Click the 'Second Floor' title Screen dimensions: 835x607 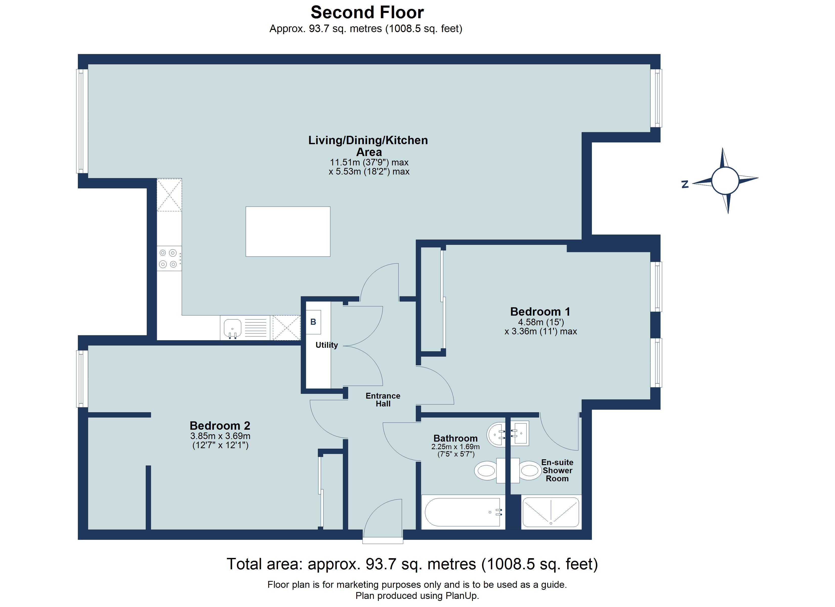[x=367, y=12]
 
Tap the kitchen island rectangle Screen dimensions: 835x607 [x=288, y=231]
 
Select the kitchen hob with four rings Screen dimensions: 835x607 [x=169, y=258]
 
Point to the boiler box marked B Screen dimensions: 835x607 [x=313, y=322]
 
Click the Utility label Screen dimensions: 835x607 [x=327, y=345]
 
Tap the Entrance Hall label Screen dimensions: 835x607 [x=383, y=399]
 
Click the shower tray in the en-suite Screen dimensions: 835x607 [x=551, y=512]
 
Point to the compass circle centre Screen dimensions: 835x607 [x=725, y=180]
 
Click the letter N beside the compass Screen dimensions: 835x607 [x=685, y=184]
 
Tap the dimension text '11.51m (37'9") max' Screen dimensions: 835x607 [x=369, y=162]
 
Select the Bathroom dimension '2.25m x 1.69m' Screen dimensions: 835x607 [x=455, y=447]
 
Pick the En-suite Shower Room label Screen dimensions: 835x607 [x=557, y=470]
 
